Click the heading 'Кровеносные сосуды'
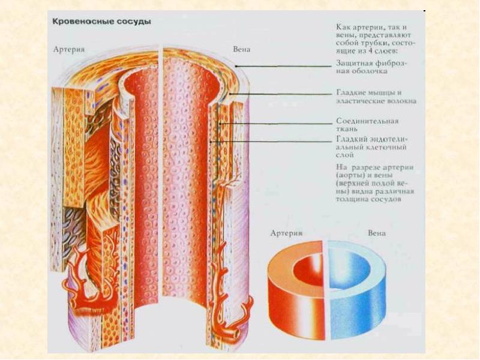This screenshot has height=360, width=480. (x=101, y=22)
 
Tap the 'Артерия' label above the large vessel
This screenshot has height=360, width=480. (x=68, y=49)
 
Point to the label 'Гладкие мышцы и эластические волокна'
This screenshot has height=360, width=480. (x=374, y=97)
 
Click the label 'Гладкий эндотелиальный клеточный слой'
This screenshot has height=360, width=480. (x=371, y=146)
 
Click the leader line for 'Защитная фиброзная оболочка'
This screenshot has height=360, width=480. (x=288, y=66)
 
